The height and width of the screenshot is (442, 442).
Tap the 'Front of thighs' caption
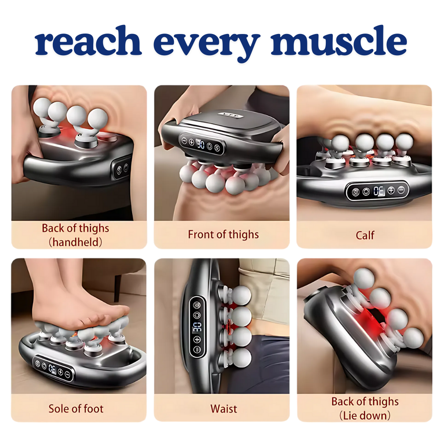click(x=223, y=235)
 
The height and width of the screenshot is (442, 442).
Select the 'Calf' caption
click(x=365, y=235)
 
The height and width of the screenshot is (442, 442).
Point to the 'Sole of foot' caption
click(x=76, y=408)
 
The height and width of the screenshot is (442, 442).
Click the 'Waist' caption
click(x=223, y=408)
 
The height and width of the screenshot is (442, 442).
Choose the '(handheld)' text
click(x=76, y=242)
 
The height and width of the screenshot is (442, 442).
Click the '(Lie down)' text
click(x=365, y=416)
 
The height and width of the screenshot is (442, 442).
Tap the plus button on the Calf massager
click(x=390, y=190)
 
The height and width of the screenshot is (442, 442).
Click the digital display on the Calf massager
click(x=379, y=191)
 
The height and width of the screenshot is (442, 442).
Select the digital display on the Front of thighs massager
click(x=201, y=144)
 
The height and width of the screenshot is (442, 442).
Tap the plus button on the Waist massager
click(x=197, y=339)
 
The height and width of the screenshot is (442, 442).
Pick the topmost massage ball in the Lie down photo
click(x=363, y=278)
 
